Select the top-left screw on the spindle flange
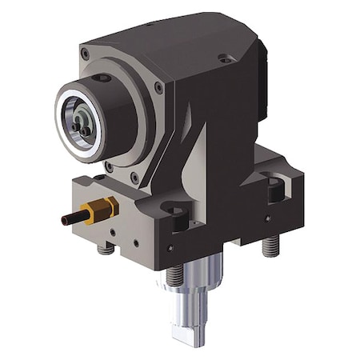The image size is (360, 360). (84, 54)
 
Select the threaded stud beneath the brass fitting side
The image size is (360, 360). (102, 249)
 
